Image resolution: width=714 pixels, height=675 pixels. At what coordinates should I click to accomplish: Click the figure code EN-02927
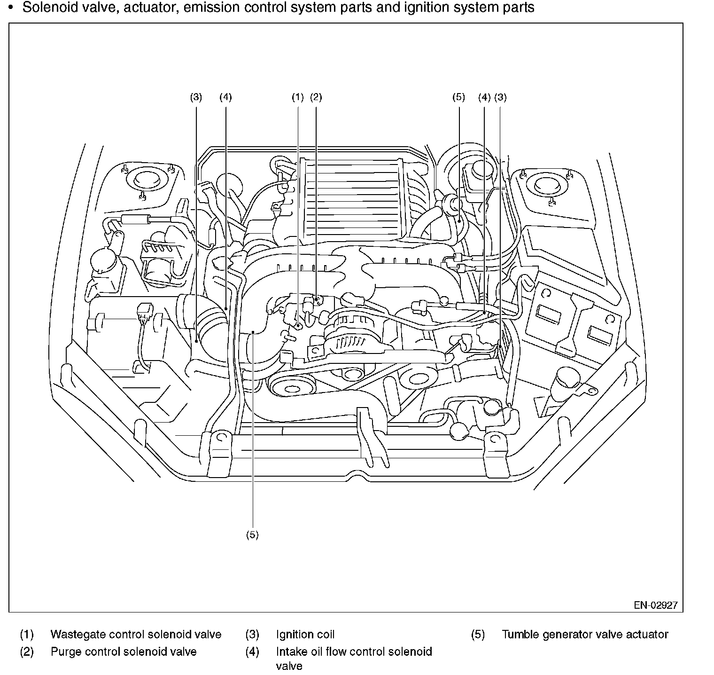pos(656,605)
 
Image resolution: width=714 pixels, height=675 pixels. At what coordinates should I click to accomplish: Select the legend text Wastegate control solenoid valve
pos(136,635)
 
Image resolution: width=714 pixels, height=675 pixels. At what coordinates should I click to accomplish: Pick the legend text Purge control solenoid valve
pos(124,652)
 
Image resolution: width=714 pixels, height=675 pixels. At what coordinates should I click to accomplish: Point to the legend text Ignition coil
pos(305,635)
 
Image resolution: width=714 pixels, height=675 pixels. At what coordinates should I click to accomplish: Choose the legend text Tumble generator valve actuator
pos(585,635)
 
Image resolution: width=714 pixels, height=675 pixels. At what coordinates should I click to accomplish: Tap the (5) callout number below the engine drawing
pos(252,535)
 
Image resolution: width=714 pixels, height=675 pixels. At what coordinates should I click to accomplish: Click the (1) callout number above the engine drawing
pos(298,97)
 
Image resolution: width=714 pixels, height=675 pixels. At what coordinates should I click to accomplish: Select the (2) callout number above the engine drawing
pos(316,97)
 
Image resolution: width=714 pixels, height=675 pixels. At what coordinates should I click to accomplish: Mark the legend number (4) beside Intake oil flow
pos(252,652)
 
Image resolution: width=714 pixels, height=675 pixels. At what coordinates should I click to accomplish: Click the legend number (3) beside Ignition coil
pos(252,635)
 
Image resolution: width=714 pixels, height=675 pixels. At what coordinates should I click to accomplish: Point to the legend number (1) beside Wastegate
pos(27,635)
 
